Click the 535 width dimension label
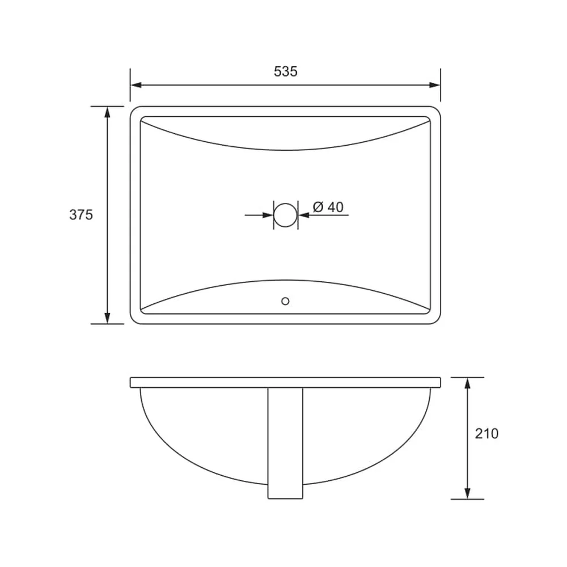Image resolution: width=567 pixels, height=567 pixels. click(x=285, y=71)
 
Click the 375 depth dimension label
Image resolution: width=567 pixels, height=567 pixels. click(x=81, y=215)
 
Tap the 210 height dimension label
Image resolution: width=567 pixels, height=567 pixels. click(x=486, y=433)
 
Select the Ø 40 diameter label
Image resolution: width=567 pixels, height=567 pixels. click(x=328, y=207)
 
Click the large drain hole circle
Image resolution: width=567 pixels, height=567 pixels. click(x=285, y=215)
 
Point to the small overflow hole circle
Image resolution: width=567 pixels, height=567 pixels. click(x=285, y=301)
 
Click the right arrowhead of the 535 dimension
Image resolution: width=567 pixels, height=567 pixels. click(x=435, y=86)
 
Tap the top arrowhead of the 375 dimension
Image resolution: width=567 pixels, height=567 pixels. click(x=107, y=112)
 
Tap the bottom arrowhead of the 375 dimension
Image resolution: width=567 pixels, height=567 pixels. click(x=107, y=318)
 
